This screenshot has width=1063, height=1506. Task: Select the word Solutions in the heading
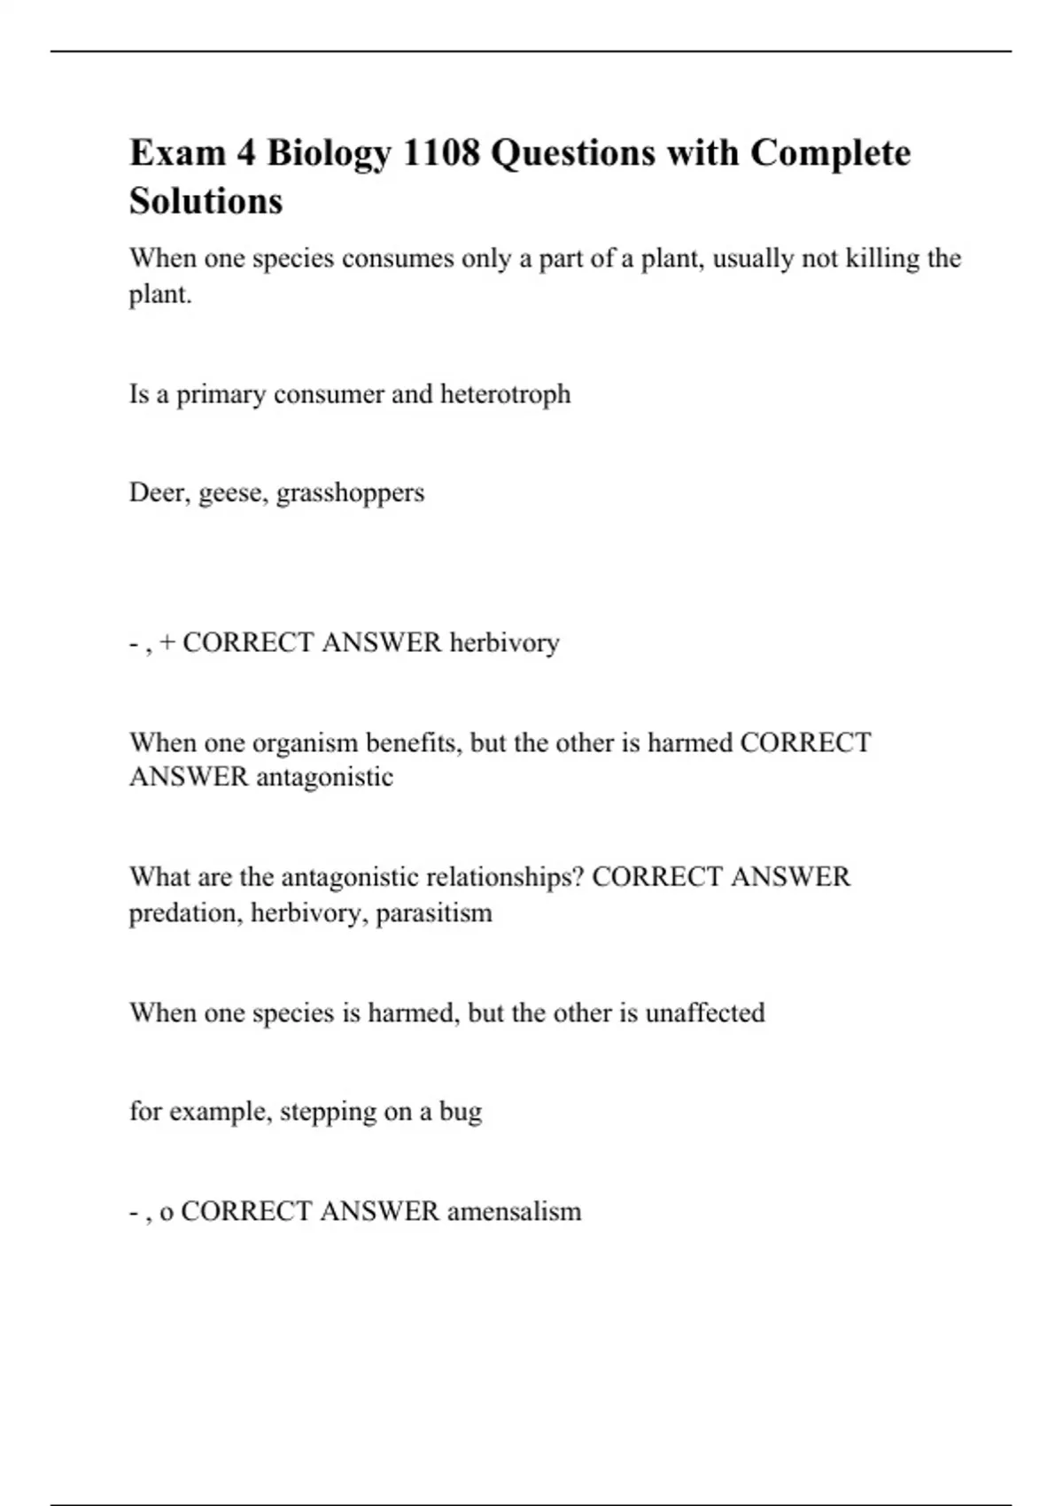coord(206,201)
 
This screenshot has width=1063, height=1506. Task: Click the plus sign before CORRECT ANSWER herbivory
coord(167,642)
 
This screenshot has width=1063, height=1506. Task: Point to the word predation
coord(185,913)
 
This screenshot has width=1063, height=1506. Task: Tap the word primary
coord(221,395)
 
